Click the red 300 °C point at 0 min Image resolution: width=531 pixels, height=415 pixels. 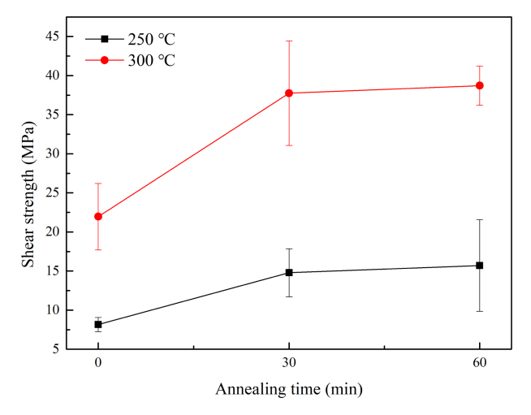coord(98,217)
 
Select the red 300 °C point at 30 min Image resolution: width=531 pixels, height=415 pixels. coord(289,93)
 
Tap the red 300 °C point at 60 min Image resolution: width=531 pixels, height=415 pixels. coord(480,85)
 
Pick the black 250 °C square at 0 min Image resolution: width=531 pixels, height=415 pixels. coord(98,324)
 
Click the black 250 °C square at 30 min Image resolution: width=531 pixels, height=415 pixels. coord(289,273)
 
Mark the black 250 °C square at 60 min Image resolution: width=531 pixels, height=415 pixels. coord(480,266)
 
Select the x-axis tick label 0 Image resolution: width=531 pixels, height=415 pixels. coord(98,363)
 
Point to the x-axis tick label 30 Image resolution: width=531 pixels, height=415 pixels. coord(289,363)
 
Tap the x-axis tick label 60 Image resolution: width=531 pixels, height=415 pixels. coord(480,363)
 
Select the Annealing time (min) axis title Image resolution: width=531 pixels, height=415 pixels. coord(288,389)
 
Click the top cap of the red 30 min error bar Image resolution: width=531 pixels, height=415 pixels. coord(289,41)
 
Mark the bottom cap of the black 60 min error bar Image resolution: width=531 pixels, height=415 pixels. coord(480,311)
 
